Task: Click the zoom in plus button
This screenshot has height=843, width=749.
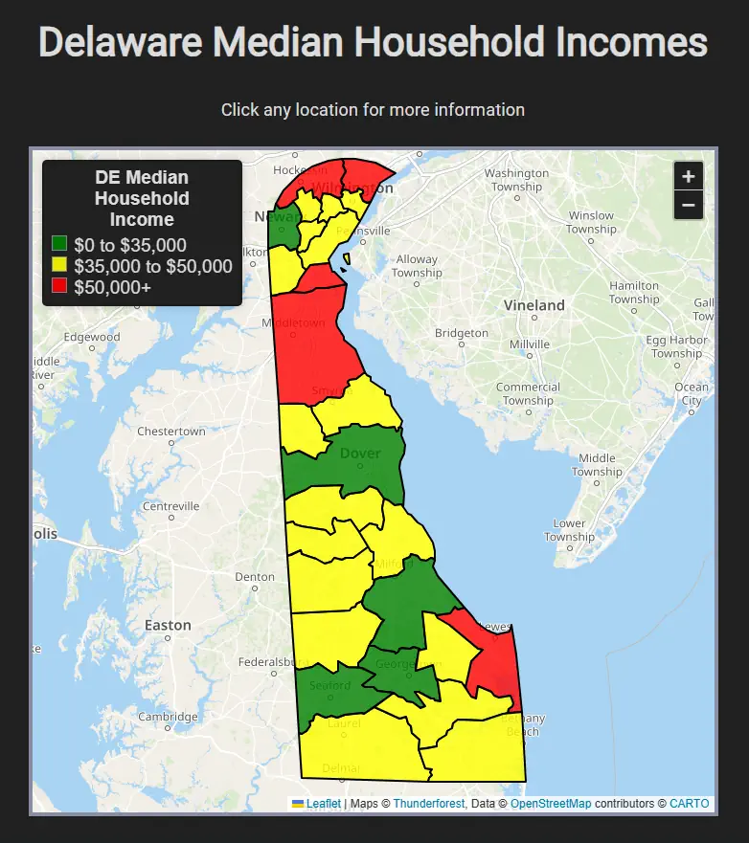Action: tap(688, 176)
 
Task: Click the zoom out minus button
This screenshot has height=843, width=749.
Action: tap(688, 205)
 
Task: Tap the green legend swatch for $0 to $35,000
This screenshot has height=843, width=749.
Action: tap(59, 245)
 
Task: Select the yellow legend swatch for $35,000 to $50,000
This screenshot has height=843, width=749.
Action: tap(59, 265)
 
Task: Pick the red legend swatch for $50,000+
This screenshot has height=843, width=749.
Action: tap(59, 285)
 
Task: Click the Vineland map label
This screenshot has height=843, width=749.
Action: tap(534, 305)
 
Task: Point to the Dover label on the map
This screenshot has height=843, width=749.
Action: tap(360, 454)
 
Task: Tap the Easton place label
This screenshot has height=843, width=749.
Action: tap(168, 625)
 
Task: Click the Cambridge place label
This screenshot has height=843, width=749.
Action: tap(167, 716)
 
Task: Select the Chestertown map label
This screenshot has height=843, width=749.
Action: tap(171, 432)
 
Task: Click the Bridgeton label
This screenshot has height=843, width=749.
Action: tap(461, 333)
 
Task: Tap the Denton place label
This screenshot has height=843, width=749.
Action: tap(255, 577)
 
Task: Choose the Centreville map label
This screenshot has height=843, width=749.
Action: tap(170, 506)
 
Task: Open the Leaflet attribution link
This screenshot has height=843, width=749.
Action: tap(323, 804)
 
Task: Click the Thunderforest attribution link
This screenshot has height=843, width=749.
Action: tap(428, 804)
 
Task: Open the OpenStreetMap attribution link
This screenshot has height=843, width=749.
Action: tap(551, 804)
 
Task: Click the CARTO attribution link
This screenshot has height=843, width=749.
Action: tap(689, 804)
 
